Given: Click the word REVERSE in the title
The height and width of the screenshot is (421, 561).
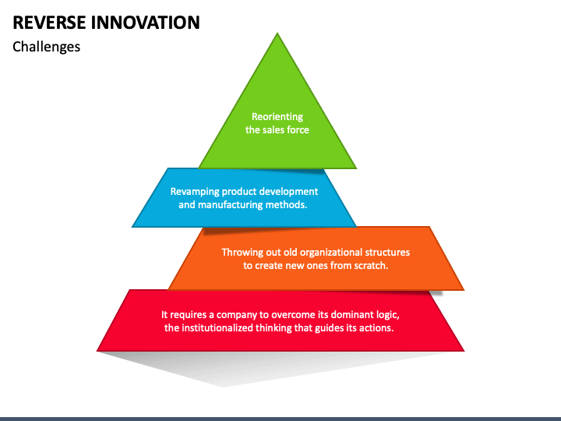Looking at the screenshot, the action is tap(50, 23).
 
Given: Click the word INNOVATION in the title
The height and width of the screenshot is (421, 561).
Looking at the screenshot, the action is tap(145, 23).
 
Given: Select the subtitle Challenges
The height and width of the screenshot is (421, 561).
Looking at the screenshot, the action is tap(46, 48).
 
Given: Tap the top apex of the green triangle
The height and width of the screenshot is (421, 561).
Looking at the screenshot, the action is tap(277, 33).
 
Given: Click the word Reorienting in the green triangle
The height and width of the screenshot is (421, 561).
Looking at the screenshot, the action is tap(277, 117).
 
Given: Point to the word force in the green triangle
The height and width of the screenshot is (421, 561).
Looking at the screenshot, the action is tap(298, 129).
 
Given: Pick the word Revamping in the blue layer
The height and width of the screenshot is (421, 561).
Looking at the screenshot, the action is tap(195, 192).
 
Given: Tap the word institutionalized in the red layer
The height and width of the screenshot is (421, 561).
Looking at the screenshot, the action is tap(217, 328).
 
